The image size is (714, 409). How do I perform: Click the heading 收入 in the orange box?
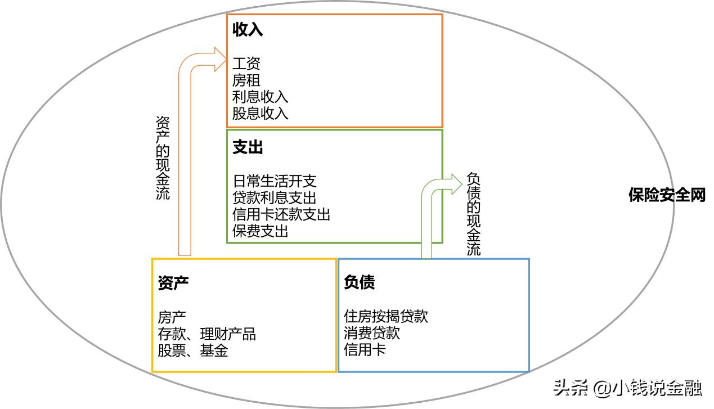pyautogui.click(x=248, y=30)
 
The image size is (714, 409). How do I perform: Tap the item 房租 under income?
pyautogui.click(x=246, y=80)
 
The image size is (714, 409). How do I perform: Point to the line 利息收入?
pyautogui.click(x=260, y=97)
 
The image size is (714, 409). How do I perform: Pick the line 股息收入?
pyautogui.click(x=260, y=113)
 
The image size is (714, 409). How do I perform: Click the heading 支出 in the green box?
pyautogui.click(x=248, y=147)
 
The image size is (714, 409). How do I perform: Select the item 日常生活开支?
pyautogui.click(x=275, y=181)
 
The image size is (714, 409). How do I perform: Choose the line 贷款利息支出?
pyautogui.click(x=275, y=198)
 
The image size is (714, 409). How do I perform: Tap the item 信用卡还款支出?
pyautogui.click(x=281, y=214)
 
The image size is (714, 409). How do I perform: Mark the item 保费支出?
pyautogui.click(x=260, y=231)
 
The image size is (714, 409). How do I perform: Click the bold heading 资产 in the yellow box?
pyautogui.click(x=173, y=282)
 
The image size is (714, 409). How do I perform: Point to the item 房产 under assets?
pyautogui.click(x=172, y=317)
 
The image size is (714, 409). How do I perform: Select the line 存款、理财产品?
pyautogui.click(x=206, y=334)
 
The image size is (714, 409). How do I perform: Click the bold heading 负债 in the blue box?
pyautogui.click(x=359, y=282)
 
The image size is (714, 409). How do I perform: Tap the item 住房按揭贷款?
pyautogui.click(x=385, y=316)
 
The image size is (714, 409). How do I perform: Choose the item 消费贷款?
pyautogui.click(x=371, y=333)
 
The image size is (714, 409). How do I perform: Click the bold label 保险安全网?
pyautogui.click(x=666, y=196)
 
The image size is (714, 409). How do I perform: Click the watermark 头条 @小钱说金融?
pyautogui.click(x=627, y=388)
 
